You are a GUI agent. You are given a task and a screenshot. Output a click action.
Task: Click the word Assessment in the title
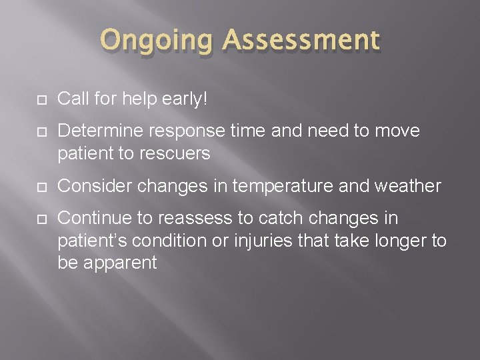(x=302, y=41)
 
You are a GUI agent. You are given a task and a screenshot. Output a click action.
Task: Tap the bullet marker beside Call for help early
(x=41, y=100)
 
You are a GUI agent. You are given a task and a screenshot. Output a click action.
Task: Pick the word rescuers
(x=177, y=153)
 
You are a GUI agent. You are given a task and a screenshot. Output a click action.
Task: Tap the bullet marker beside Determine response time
(x=41, y=132)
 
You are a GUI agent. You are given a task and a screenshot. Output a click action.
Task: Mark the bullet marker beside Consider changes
(x=41, y=187)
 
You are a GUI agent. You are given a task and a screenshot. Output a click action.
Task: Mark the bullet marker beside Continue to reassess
(x=41, y=219)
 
